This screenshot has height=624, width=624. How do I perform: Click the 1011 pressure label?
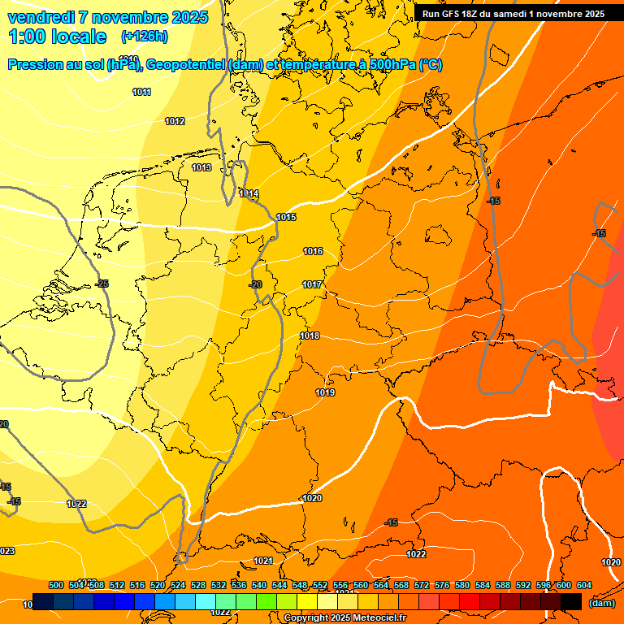[141, 92]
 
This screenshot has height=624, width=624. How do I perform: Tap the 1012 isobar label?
[175, 121]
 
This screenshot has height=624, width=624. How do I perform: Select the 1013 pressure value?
[201, 167]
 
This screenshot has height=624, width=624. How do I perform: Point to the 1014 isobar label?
[249, 193]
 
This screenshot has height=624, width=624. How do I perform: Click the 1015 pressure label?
[286, 217]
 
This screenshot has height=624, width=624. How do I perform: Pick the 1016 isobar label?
[313, 251]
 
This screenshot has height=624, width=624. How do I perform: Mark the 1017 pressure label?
[313, 284]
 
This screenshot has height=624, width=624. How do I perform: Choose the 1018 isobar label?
[310, 336]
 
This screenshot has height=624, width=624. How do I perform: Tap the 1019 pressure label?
[325, 392]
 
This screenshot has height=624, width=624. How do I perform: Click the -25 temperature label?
[102, 284]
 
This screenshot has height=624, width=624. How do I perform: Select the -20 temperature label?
[255, 284]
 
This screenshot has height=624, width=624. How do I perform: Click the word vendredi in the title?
[41, 17]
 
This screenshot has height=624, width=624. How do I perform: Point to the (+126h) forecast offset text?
[144, 37]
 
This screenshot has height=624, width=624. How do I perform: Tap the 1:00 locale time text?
[57, 37]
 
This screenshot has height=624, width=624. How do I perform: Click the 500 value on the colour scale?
[56, 585]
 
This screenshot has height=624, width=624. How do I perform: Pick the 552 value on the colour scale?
[320, 585]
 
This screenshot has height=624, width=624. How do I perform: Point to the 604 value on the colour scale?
[583, 585]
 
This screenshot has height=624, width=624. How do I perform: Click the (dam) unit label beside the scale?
[601, 603]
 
